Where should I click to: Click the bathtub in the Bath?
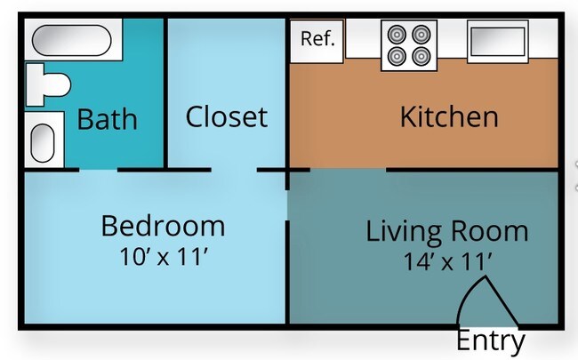click(70, 41)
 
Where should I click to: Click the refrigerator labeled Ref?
click(317, 40)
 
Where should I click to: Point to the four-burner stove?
click(408, 45)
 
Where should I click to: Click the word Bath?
click(107, 118)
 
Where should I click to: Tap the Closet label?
click(226, 116)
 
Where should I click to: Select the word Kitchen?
click(448, 116)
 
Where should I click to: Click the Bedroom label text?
click(163, 225)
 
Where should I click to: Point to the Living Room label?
click(447, 231)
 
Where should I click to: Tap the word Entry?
click(490, 340)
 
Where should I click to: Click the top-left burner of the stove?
click(397, 34)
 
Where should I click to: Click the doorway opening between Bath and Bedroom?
click(92, 169)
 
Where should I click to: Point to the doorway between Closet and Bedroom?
click(234, 169)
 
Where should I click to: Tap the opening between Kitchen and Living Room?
click(348, 169)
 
